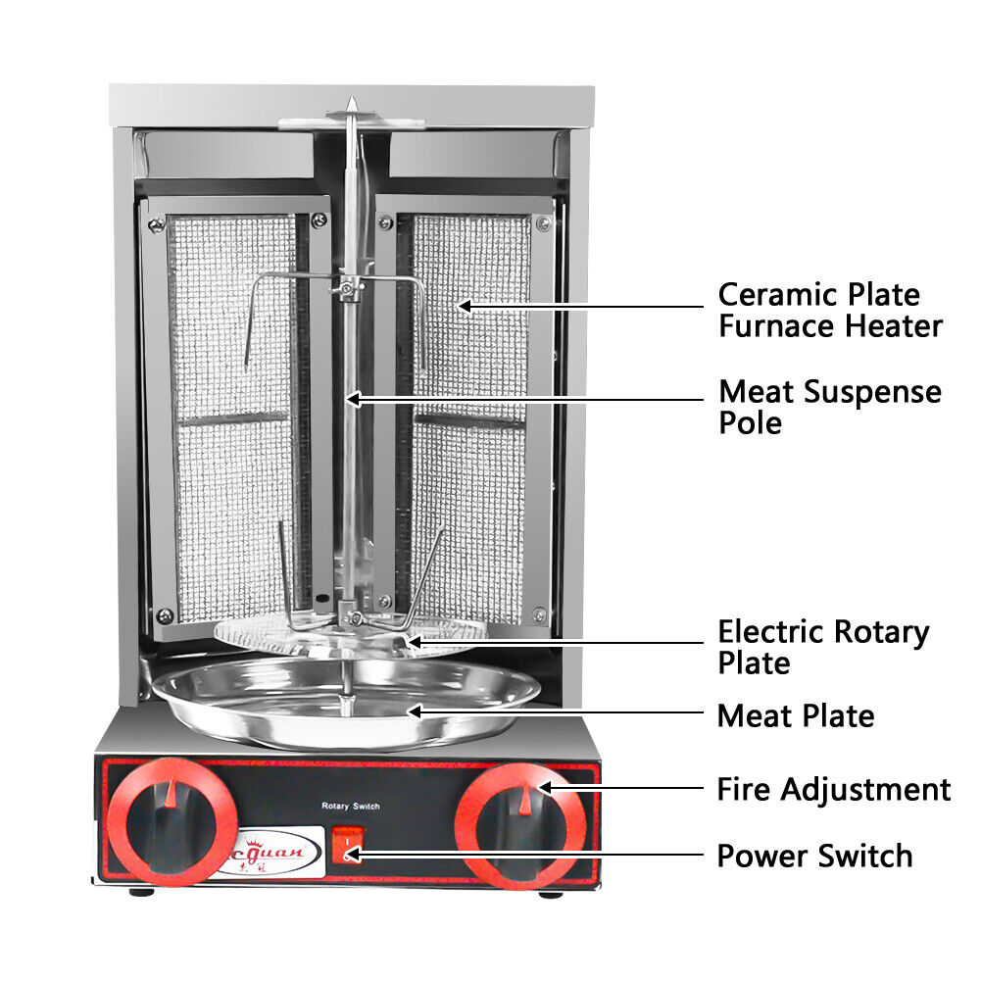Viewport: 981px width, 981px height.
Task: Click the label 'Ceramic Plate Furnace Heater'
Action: (x=830, y=310)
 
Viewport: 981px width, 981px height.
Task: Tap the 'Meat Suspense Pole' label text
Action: (x=829, y=407)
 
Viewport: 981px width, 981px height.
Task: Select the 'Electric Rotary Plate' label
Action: (x=823, y=646)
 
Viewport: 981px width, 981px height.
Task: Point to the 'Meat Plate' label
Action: (x=795, y=715)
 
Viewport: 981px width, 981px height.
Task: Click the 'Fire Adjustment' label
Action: (x=833, y=789)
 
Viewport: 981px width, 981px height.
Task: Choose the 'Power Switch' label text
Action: (x=814, y=856)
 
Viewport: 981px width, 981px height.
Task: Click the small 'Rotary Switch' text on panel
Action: (x=350, y=806)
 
